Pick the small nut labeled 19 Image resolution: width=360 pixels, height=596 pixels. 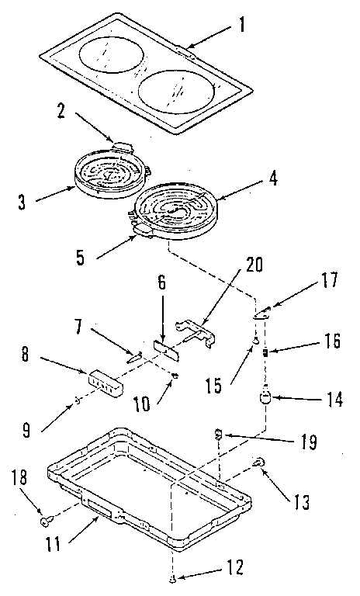[218, 433]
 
